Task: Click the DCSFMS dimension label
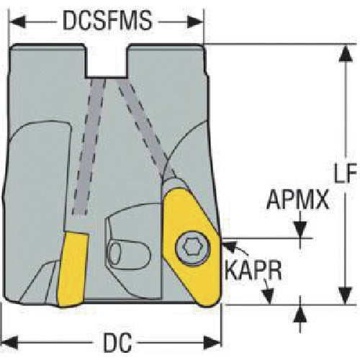click(107, 20)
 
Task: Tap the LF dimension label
click(346, 172)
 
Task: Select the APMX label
click(298, 199)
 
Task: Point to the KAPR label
click(253, 269)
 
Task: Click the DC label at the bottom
click(117, 342)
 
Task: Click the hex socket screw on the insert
click(193, 248)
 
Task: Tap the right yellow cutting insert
click(192, 247)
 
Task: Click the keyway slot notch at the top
click(107, 61)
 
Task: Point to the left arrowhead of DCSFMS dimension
click(17, 22)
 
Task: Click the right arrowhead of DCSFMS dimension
click(195, 22)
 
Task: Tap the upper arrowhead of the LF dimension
click(346, 54)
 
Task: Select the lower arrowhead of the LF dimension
click(346, 296)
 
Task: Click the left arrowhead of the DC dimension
click(9, 342)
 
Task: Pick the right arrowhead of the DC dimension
click(212, 342)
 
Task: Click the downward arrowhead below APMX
click(300, 230)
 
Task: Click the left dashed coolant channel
click(89, 146)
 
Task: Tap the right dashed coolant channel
click(146, 128)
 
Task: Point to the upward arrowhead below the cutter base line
click(300, 314)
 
